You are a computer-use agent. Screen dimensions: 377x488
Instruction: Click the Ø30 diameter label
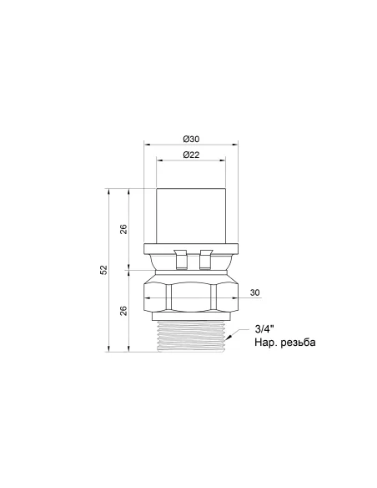191,139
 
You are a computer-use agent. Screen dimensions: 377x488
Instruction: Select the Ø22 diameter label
191,155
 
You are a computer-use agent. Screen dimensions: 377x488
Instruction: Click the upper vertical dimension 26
123,229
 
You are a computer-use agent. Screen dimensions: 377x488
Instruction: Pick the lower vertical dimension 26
123,311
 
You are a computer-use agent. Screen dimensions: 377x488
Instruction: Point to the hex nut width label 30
254,292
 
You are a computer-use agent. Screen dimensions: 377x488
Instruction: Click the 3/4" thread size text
264,329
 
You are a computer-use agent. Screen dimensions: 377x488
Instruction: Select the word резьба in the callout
298,343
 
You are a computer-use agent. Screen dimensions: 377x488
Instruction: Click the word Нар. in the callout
266,343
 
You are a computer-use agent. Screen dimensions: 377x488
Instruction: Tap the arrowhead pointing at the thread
229,337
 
